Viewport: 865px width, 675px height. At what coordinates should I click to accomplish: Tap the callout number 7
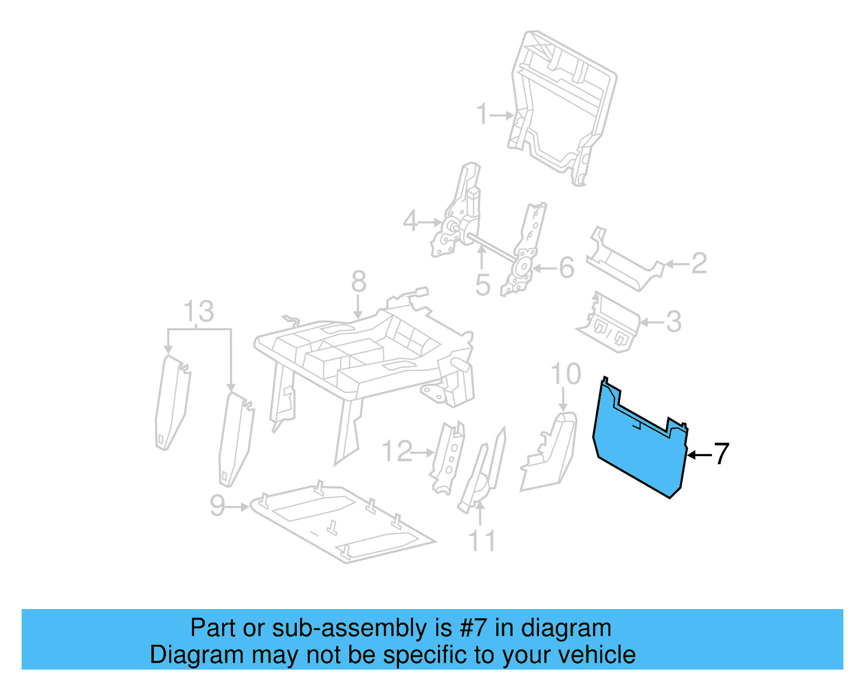coord(722,454)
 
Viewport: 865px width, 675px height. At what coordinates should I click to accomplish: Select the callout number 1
coord(482,115)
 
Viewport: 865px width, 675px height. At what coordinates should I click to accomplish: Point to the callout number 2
coord(699,263)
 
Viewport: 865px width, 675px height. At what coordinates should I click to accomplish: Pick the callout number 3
coord(673,322)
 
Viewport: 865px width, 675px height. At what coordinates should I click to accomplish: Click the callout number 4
coord(410,221)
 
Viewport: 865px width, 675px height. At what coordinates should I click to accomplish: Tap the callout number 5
coord(483,285)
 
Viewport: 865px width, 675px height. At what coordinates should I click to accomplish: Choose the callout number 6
coord(566,268)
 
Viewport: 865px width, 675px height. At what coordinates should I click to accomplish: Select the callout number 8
coord(358,282)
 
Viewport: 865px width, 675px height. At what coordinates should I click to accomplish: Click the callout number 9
coord(217,506)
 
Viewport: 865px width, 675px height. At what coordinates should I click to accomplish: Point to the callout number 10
coord(565,374)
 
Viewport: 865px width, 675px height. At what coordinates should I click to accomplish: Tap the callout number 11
coord(481,541)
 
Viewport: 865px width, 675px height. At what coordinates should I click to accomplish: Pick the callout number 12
coord(397,451)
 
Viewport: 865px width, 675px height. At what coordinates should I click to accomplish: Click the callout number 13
coord(198,312)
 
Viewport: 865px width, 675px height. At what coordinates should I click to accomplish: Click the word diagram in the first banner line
coord(566,628)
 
